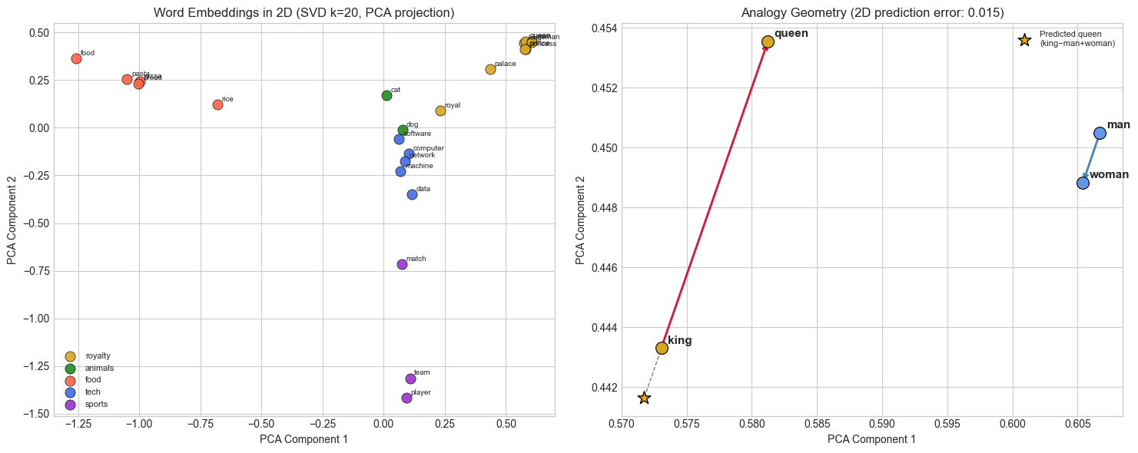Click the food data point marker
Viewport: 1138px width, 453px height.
click(x=76, y=58)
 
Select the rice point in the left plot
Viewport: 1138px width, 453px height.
click(x=217, y=104)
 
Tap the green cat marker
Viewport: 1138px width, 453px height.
click(x=387, y=95)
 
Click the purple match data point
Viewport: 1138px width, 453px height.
click(x=402, y=264)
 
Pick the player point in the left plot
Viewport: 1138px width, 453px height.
click(x=406, y=398)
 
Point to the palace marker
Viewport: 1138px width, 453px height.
click(x=490, y=69)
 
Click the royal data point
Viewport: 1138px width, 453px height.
click(x=440, y=111)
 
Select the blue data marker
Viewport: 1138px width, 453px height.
click(x=412, y=194)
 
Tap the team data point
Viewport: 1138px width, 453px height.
click(x=410, y=379)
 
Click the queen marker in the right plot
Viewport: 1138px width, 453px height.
click(x=768, y=41)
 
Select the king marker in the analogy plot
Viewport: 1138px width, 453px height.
click(x=662, y=348)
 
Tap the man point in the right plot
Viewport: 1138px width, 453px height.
click(x=1100, y=133)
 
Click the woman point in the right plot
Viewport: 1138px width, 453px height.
click(x=1083, y=183)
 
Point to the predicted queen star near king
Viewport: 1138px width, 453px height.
click(x=644, y=398)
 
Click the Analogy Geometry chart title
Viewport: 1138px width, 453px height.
click(x=872, y=12)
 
